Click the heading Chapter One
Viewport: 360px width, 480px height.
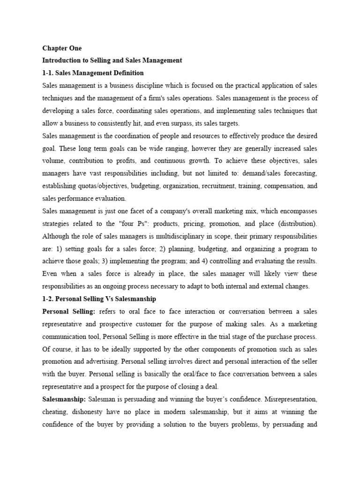[62, 48]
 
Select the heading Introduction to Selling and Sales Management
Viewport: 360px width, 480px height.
[112, 60]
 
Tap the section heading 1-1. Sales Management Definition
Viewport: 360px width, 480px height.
[93, 73]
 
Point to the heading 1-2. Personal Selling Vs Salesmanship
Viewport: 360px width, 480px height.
[99, 299]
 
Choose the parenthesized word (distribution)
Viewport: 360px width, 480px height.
[298, 224]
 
